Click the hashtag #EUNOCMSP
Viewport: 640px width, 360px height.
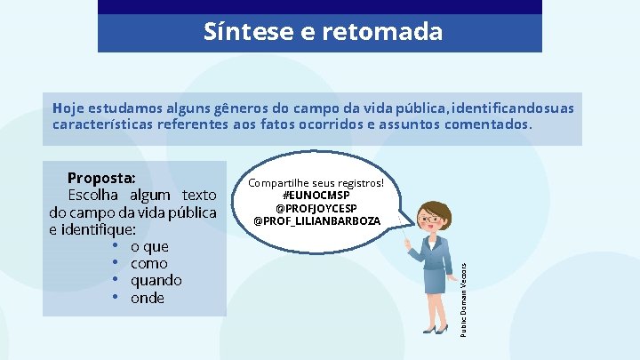[x=316, y=196]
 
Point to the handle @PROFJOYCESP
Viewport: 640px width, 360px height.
[x=316, y=208]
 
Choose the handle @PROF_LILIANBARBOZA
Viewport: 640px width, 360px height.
[x=316, y=220]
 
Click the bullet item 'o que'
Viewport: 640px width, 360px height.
[x=149, y=246]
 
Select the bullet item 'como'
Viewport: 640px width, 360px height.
[x=148, y=263]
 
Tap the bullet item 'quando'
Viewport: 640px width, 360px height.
[x=156, y=280]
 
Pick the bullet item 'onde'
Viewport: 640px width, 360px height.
[x=148, y=298]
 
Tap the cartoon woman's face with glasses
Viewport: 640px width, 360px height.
[x=433, y=218]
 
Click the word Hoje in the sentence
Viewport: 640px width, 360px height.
[x=67, y=108]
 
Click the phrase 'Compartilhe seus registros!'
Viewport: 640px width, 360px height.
[x=316, y=183]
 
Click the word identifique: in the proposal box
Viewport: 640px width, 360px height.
[x=86, y=229]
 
